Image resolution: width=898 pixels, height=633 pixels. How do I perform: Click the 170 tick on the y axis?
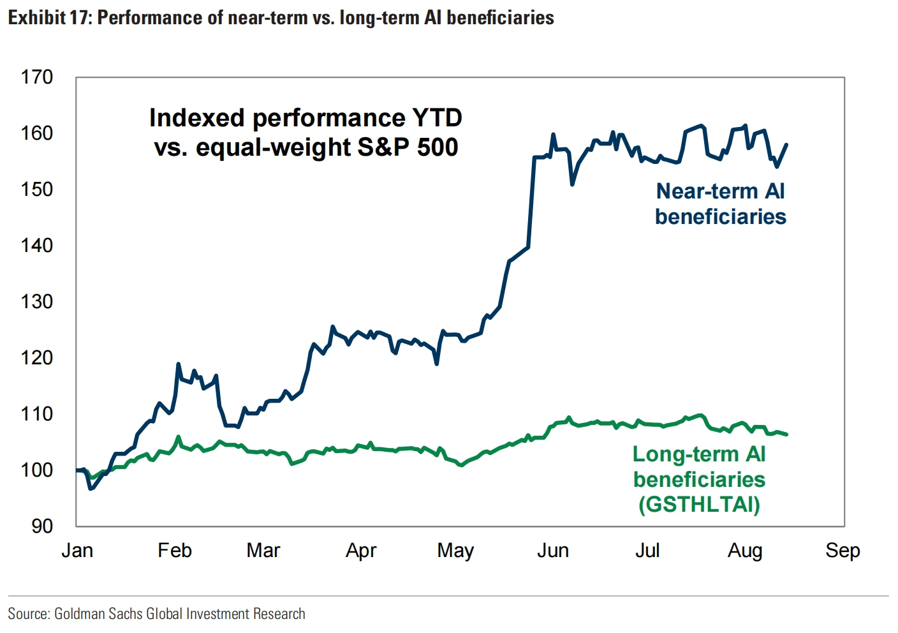(x=37, y=77)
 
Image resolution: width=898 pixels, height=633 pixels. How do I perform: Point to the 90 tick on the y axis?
(x=42, y=526)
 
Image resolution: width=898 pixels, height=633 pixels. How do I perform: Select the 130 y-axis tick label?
(x=37, y=301)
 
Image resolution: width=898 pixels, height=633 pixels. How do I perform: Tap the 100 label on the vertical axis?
(x=37, y=470)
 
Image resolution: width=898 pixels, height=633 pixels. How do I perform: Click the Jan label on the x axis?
(x=77, y=550)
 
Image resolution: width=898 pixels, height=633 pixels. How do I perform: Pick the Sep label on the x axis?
(x=843, y=550)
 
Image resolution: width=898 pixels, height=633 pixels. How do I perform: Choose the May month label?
(x=455, y=550)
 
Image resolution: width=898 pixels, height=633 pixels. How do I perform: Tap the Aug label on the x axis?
(x=745, y=550)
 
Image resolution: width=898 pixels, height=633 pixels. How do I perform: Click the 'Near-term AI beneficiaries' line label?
(x=721, y=204)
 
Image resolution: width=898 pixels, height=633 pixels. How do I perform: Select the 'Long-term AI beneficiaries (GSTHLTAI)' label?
(x=699, y=479)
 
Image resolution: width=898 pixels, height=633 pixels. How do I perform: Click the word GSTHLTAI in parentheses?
(x=699, y=504)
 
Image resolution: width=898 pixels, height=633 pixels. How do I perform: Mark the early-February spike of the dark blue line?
(x=179, y=364)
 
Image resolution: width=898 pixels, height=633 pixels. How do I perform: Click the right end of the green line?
(x=787, y=435)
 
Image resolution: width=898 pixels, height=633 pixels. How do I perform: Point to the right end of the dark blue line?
(x=787, y=144)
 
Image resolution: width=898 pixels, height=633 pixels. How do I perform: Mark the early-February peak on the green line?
(x=179, y=437)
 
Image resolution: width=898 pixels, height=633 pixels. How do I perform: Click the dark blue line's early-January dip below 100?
(x=91, y=489)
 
